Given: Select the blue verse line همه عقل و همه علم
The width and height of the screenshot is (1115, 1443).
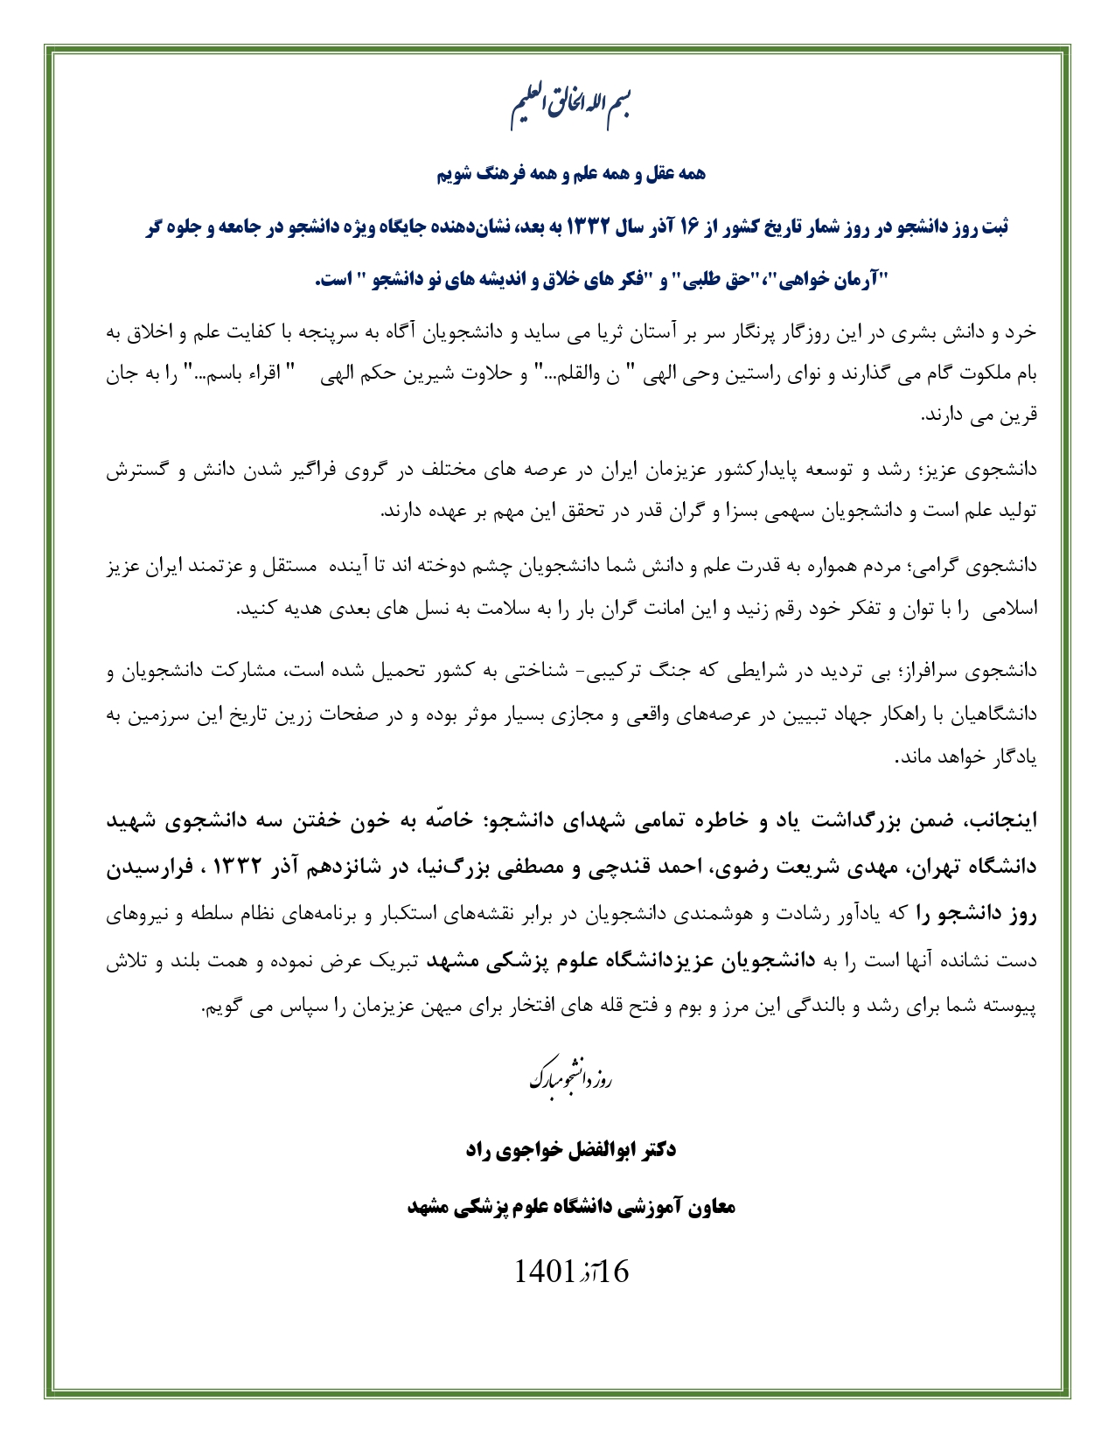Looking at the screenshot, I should point(571,174).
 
